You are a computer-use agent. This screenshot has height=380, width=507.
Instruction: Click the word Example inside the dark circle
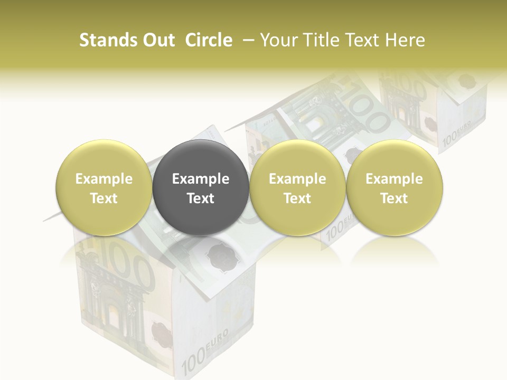pyautogui.click(x=201, y=179)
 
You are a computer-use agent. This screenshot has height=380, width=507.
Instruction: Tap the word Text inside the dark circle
pyautogui.click(x=201, y=198)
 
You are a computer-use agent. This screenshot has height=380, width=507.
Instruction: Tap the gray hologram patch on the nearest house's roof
pyautogui.click(x=218, y=255)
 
